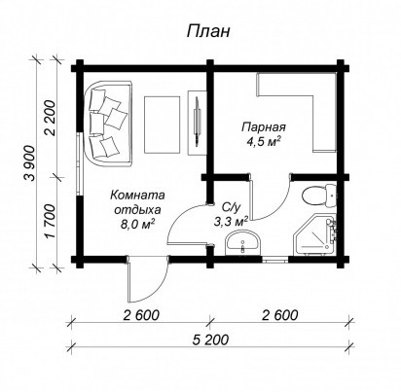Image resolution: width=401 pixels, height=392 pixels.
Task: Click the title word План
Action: [208, 32]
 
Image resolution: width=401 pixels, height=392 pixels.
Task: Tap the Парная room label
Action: [264, 126]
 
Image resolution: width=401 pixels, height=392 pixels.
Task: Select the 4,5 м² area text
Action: [263, 142]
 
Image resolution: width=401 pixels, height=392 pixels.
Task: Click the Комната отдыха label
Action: [137, 202]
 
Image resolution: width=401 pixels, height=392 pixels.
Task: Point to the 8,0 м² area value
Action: [137, 224]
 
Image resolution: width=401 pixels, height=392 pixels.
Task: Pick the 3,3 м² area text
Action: [231, 222]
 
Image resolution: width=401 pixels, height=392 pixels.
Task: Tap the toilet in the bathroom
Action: [318, 196]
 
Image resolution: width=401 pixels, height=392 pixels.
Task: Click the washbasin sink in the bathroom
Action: [242, 243]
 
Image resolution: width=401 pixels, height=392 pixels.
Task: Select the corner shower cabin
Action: [314, 234]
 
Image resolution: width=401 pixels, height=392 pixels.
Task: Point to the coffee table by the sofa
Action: [162, 125]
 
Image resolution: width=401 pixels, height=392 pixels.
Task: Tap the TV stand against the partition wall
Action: [198, 123]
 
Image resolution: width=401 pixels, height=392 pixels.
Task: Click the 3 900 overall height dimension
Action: [31, 163]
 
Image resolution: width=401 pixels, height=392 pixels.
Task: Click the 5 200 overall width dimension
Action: [210, 339]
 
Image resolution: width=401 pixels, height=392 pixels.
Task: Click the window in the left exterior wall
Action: [79, 163]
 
